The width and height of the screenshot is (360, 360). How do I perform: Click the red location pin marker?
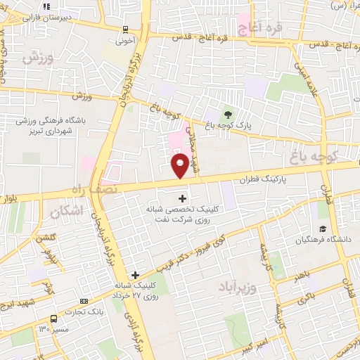pyautogui.click(x=180, y=166)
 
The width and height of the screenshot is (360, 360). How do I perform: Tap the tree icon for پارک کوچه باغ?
pyautogui.click(x=228, y=114)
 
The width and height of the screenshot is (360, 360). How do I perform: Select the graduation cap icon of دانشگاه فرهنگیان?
pyautogui.click(x=323, y=229)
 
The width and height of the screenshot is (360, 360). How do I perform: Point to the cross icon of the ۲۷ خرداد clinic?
pyautogui.click(x=135, y=275)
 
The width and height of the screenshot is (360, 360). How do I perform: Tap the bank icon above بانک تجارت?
pyautogui.click(x=84, y=300)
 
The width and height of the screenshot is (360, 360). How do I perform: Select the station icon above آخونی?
pyautogui.click(x=125, y=29)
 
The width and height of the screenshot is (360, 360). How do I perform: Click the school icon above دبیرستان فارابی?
pyautogui.click(x=46, y=6)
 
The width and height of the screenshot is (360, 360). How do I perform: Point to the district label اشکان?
pyautogui.click(x=67, y=210)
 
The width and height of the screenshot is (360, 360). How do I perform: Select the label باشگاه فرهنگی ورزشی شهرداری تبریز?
pyautogui.click(x=55, y=126)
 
